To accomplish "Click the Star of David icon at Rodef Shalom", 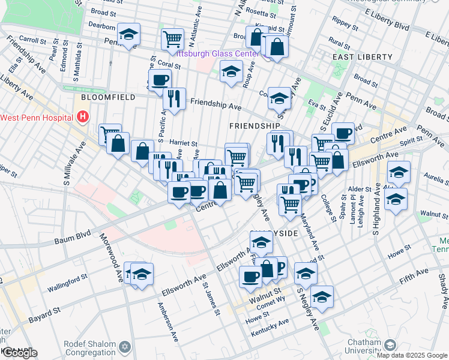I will [x=125, y=347].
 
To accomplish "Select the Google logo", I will [x=19, y=353].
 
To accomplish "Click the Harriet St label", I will [x=184, y=144].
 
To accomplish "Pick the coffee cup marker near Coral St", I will [x=160, y=80].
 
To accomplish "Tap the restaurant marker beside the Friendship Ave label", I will [x=174, y=98].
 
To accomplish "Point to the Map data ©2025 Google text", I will [x=411, y=355].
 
